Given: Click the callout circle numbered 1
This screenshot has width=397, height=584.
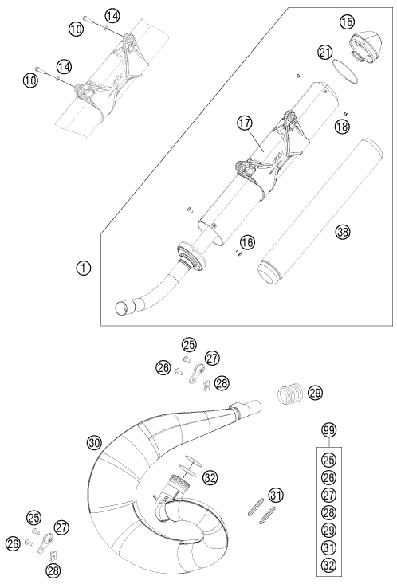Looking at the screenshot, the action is [84, 268].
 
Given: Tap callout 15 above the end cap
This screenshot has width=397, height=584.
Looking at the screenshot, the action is [347, 22].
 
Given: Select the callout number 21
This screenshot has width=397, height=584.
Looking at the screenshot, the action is [325, 52].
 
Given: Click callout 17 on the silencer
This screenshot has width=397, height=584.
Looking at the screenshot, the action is [245, 123].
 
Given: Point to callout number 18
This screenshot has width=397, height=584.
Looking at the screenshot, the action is [342, 126].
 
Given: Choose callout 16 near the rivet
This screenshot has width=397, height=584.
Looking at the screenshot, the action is [247, 242].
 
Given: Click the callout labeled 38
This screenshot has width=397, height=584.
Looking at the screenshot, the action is [343, 232].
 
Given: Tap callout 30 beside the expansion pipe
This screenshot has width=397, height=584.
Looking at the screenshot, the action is [94, 443].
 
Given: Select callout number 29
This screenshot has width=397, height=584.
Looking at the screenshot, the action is [316, 393].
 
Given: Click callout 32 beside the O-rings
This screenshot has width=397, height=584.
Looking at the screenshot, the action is [210, 478].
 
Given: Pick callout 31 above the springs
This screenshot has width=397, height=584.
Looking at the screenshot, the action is [276, 495].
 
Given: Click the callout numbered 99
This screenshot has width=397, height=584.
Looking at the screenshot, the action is [328, 430].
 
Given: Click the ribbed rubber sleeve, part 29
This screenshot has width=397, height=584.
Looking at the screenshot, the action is [291, 394].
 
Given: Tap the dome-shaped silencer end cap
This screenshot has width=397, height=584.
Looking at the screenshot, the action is [364, 46].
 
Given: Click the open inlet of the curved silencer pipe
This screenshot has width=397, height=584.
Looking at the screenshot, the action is [125, 308].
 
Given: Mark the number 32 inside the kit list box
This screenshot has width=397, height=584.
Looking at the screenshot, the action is [328, 566].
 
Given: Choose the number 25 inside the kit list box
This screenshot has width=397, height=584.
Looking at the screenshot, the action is [328, 460].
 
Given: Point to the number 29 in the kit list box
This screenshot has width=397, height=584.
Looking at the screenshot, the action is [328, 530].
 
